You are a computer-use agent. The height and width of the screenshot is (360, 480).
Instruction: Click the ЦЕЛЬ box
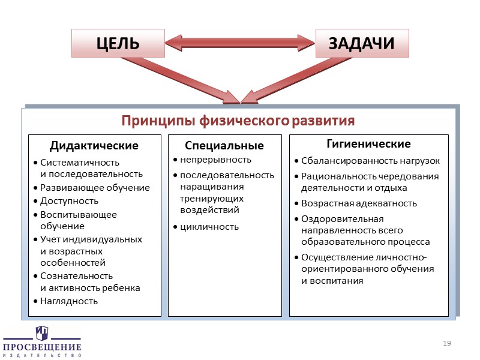118,43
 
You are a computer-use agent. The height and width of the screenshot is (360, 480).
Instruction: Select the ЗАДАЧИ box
362,43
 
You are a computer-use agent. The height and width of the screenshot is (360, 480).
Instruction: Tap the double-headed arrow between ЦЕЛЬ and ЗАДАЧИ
240,43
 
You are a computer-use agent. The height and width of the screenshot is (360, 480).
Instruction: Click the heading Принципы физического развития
238,121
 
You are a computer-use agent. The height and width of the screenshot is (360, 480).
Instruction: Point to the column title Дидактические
94,146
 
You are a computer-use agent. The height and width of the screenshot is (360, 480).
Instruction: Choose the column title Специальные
224,146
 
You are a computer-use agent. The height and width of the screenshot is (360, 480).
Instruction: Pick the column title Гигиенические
368,144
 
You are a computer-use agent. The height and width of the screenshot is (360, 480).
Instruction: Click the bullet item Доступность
69,201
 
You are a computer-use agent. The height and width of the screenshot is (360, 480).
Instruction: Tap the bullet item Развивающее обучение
95,188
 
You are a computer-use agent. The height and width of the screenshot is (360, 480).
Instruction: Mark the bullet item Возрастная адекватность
359,203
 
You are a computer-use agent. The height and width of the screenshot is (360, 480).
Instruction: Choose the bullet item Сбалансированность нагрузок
370,161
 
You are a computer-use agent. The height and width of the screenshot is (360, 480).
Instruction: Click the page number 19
446,343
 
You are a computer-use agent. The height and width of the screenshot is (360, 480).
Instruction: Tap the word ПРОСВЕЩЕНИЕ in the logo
41,347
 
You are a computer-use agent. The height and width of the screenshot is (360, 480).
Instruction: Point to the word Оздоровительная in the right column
342,218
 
